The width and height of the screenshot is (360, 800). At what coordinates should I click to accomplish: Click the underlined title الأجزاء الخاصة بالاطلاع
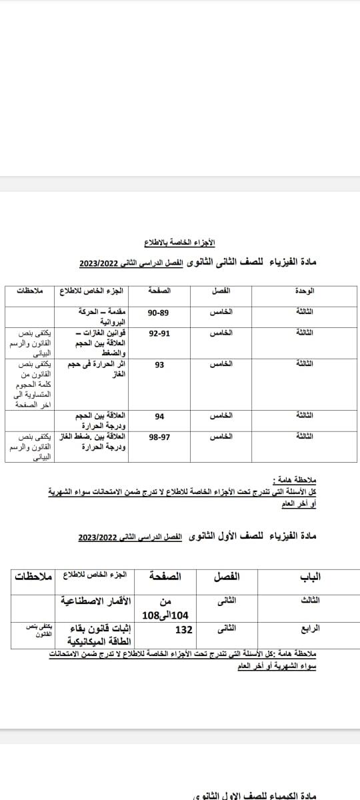point(180,241)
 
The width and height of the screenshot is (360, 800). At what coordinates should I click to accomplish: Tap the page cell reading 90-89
point(159,312)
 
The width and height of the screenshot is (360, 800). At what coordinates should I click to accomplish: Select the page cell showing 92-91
point(159,332)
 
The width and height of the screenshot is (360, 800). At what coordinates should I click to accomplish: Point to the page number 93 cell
point(159,365)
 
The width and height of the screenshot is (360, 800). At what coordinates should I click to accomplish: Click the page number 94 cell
point(159,417)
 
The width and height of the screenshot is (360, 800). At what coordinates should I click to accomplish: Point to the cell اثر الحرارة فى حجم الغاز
point(99,369)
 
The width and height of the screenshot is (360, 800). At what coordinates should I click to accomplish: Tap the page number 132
point(183,629)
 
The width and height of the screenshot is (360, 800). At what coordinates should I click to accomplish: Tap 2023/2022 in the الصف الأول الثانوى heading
point(97,536)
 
